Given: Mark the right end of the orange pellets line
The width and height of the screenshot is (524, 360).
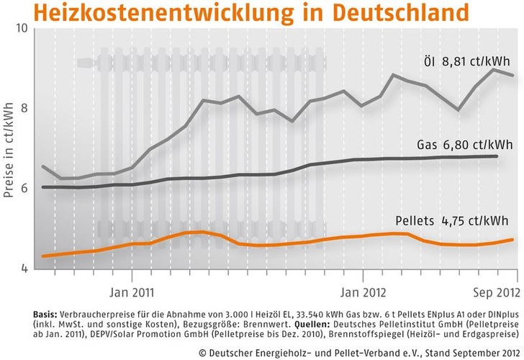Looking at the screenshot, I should coord(513,240).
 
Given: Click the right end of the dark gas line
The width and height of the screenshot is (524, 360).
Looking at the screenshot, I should coord(495,156).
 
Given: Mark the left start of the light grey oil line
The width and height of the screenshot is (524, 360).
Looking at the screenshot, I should coord(43,166).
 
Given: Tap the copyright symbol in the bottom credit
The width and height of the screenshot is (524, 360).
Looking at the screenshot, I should coord(194,351).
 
